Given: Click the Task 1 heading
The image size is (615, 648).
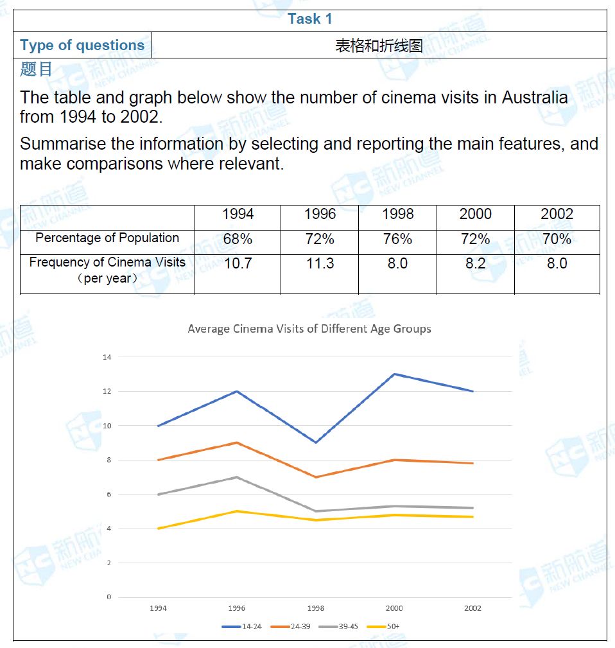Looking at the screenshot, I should coord(310,19).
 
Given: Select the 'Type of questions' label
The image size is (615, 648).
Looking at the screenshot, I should coord(82,46).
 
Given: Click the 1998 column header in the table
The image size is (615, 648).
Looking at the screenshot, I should coord(397,215).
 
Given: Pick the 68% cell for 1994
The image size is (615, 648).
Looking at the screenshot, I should coord(238,240).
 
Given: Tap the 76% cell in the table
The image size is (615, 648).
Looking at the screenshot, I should coord(397,240).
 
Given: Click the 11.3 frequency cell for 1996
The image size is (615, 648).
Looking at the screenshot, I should coord(320,263).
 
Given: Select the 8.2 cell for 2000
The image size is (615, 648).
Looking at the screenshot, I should coord(476,263).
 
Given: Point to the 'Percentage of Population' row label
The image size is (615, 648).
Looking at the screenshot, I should coord(107,238).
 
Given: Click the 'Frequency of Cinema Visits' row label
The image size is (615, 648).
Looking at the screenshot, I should coord(107,263).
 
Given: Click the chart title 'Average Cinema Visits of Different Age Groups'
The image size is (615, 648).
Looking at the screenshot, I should coord(309,329).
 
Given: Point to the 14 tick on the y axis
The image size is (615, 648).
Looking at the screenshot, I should coord(107,357).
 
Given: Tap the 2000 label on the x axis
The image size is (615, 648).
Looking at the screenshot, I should coord(394,608).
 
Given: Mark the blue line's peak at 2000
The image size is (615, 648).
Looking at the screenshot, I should coord(394,374).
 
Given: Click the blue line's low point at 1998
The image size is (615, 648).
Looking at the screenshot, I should coord(315,442).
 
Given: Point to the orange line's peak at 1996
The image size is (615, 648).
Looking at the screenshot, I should coord(236,442).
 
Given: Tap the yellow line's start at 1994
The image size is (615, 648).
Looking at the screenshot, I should coord(158,529).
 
